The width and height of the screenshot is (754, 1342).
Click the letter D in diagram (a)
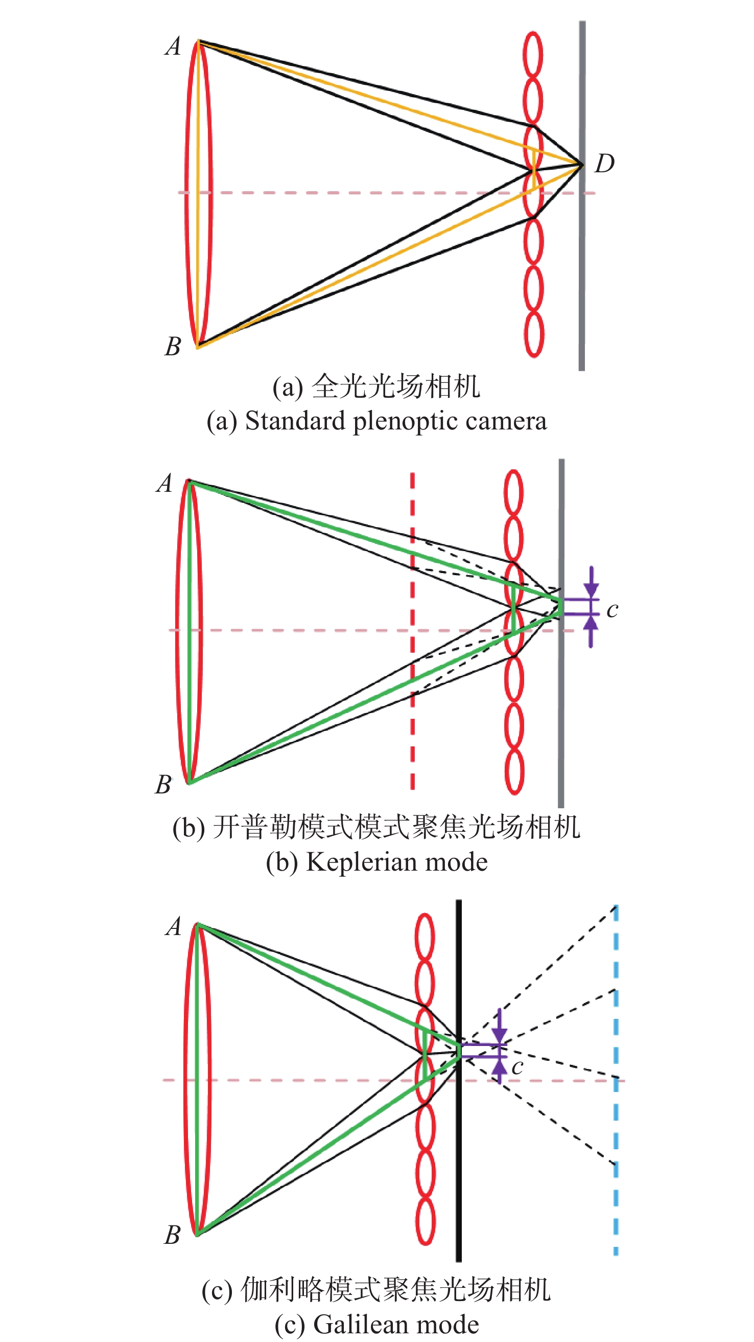point(604,163)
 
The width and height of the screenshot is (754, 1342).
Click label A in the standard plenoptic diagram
point(173,46)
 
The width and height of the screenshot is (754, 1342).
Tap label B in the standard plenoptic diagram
point(173,347)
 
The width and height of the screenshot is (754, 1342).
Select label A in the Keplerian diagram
point(164,484)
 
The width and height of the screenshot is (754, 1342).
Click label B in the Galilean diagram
point(172,1235)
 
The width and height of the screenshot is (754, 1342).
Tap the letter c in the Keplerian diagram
point(612,609)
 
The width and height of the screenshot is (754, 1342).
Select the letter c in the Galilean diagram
point(517,1067)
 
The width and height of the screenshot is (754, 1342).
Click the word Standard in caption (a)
point(295,421)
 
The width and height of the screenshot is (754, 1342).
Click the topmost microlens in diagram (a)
point(533,55)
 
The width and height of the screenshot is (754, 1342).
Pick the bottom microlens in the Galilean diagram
point(426,1221)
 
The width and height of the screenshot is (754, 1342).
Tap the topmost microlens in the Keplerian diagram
point(513,493)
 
